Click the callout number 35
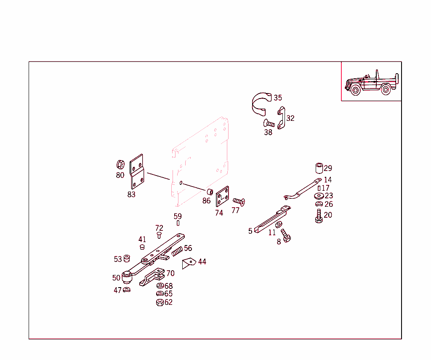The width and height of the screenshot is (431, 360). (278, 98)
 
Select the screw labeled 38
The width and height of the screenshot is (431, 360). (269, 123)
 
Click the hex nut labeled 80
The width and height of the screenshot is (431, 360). (120, 164)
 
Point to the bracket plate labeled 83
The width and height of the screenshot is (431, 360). (137, 172)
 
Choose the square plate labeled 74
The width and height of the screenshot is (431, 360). (222, 197)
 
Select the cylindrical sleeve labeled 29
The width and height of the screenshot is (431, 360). (319, 168)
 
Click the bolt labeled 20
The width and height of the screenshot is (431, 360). (319, 216)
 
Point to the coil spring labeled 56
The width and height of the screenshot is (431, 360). (177, 251)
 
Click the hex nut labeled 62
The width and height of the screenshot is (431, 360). (160, 303)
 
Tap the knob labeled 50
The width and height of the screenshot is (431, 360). (127, 277)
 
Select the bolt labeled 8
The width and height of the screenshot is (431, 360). (286, 235)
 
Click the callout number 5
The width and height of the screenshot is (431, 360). (250, 231)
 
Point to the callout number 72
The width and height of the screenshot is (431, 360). (159, 228)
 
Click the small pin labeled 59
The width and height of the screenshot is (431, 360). (178, 223)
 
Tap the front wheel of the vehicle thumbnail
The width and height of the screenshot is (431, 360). (356, 90)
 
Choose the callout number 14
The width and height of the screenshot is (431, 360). (327, 180)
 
